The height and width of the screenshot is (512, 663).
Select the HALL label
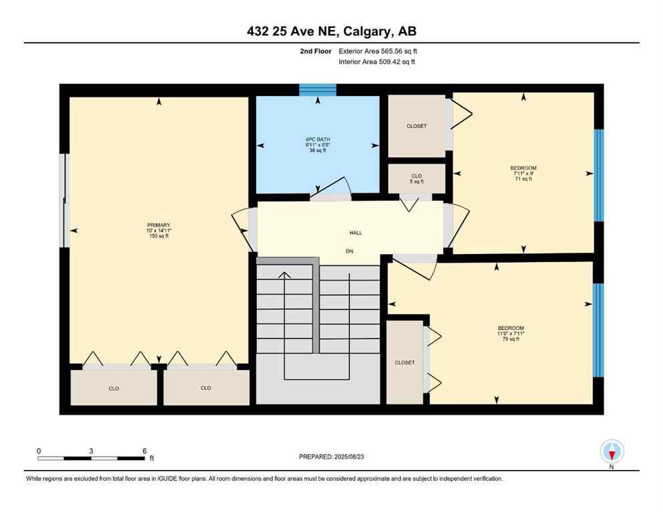tap(356, 233)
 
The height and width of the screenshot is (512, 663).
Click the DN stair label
tap(349, 251)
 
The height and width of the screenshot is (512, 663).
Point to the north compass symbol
tap(612, 451)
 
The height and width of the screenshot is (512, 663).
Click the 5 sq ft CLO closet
tap(417, 178)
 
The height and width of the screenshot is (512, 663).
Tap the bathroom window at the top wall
tap(317, 90)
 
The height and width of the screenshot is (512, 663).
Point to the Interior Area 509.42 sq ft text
tap(377, 62)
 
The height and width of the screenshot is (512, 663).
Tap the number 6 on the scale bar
tap(144, 451)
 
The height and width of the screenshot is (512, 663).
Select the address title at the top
tap(331, 31)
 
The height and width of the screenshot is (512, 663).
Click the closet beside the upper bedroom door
tap(417, 126)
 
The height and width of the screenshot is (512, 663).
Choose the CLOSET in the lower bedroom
tap(405, 363)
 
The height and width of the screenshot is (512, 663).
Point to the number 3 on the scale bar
tap(91, 451)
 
